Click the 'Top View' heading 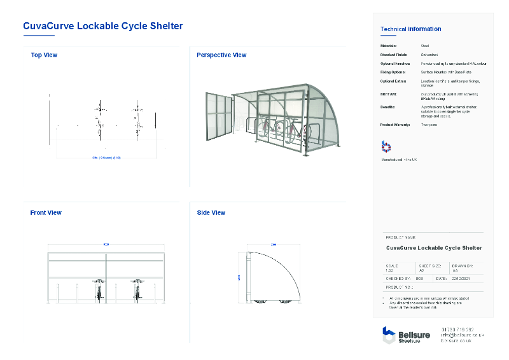pos(44,55)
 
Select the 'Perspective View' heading pos(221,55)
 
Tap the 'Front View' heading pos(46,213)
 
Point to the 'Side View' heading pos(211,213)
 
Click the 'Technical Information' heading pos(410,29)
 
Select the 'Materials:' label pos(389,46)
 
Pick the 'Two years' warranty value pos(429,125)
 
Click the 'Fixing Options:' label pos(393,73)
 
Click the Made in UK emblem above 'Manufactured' pos(386,147)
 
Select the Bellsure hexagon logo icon pos(389,335)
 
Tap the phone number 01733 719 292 pos(457,329)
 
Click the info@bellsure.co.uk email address pos(463,335)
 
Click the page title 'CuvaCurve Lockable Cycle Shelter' pos(103,26)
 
